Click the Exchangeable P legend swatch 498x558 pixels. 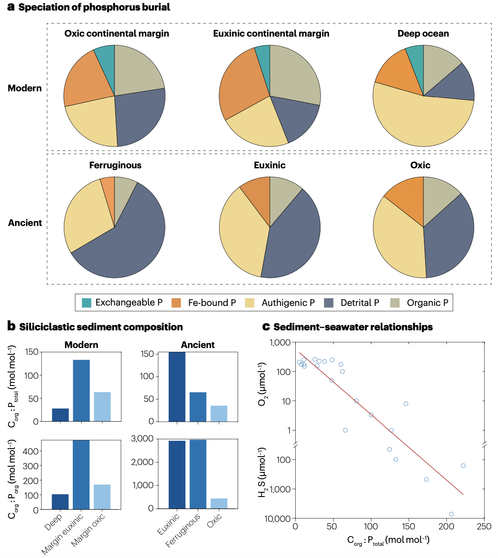click(86, 303)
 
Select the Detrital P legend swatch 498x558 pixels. click(329, 303)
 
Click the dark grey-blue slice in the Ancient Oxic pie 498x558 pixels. click(450, 236)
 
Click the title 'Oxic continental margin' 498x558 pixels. click(117, 34)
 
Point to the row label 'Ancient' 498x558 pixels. click(25, 223)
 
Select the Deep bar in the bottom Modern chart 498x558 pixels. click(60, 502)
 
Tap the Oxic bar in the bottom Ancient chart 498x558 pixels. click(219, 503)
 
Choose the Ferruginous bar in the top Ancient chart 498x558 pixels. click(198, 407)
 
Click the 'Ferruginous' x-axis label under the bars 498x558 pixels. click(183, 531)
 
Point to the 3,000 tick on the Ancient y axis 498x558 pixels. click(142, 439)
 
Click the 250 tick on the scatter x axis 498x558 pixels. click(484, 526)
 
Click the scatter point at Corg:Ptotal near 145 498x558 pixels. click(406, 404)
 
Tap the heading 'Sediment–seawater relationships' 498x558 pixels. click(353, 327)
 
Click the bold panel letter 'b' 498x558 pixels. click(11, 326)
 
